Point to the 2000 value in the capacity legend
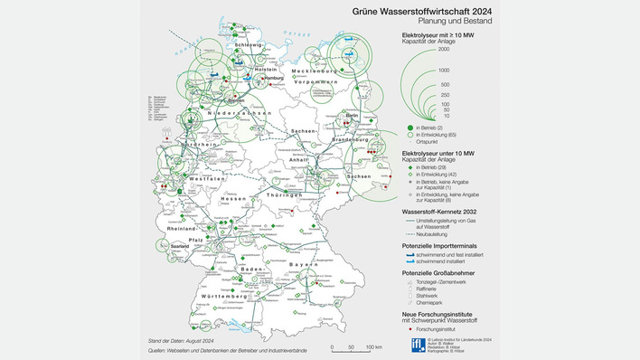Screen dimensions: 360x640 click(x=444, y=49)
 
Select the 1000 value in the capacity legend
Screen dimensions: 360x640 click(x=444, y=70)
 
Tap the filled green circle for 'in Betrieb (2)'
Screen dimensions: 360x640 click(x=409, y=128)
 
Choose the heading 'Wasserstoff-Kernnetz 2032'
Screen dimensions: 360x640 click(x=444, y=213)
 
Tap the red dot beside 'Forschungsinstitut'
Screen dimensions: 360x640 click(x=409, y=330)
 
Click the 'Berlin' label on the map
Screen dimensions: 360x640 click(x=352, y=116)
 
